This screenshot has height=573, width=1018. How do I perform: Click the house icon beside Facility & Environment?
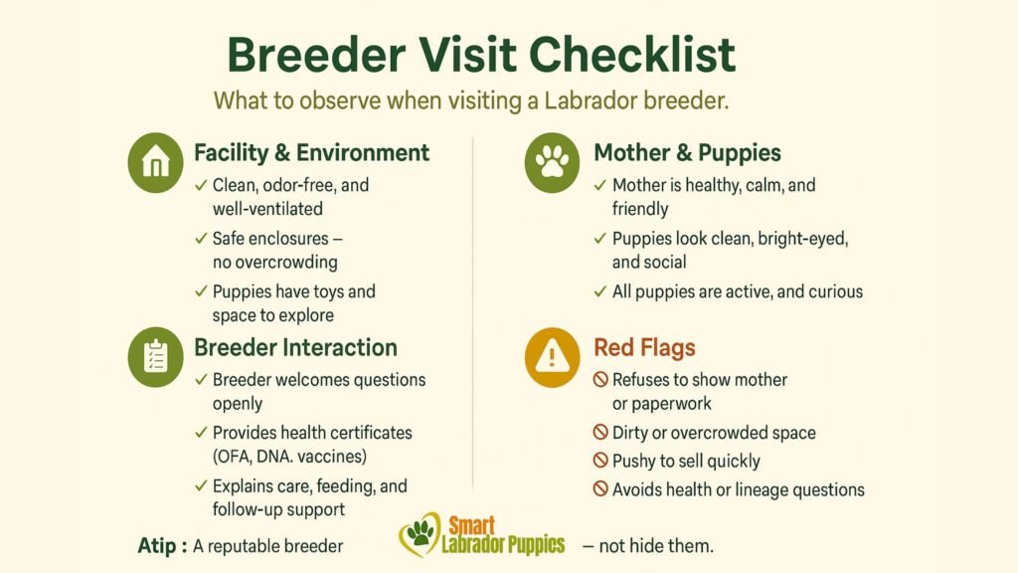click(x=156, y=163)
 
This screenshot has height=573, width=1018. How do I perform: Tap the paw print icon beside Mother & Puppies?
click(x=552, y=163)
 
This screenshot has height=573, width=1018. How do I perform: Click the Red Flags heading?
click(x=644, y=347)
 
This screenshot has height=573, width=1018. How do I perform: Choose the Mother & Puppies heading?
click(x=687, y=153)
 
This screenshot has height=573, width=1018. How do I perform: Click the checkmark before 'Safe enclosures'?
click(x=202, y=239)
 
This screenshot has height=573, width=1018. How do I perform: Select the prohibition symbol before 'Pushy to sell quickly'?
click(x=600, y=461)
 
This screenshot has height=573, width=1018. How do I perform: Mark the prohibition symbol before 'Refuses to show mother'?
click(x=600, y=380)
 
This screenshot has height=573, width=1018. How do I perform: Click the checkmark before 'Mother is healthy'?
click(x=599, y=186)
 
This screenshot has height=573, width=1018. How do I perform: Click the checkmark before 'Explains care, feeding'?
click(x=202, y=486)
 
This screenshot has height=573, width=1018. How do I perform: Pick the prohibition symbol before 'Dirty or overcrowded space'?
click(x=600, y=433)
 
